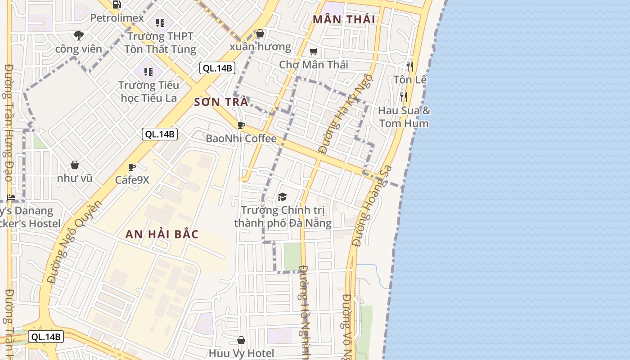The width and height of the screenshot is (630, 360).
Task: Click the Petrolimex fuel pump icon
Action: pos(117,5)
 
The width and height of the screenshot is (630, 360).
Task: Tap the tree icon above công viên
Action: pos(79,35)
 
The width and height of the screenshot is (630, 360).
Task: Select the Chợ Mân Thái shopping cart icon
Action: pos(314,52)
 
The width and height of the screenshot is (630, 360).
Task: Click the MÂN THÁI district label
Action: pos(344,19)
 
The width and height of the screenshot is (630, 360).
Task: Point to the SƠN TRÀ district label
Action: pos(221,102)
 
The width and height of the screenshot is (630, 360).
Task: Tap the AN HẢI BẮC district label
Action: pos(162,234)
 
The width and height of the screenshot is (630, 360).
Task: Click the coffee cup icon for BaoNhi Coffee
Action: pos(241,125)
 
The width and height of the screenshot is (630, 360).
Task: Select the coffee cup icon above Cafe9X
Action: pos(132,167)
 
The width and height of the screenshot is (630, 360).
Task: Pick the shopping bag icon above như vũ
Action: pos(75,165)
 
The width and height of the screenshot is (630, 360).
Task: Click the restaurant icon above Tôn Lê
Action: pos(409,67)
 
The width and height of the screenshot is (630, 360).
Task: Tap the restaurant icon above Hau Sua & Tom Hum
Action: pos(404,97)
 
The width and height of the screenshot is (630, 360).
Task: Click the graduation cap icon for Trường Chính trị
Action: pos(282,197)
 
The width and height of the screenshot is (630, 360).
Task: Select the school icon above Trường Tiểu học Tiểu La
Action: pos(148,72)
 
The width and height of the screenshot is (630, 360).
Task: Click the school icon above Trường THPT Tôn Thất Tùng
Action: pos(160,22)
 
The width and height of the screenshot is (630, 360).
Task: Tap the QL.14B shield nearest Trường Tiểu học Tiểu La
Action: pos(217,68)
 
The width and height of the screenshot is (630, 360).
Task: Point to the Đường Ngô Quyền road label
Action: pos(75,241)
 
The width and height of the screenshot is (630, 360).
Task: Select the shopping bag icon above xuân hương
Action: pos(260,33)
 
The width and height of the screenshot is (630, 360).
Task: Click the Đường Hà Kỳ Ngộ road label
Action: pos(345,113)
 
